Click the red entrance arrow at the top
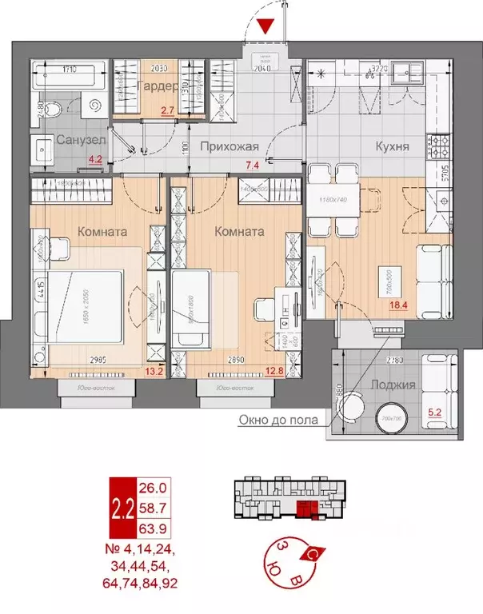coord(268,25)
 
